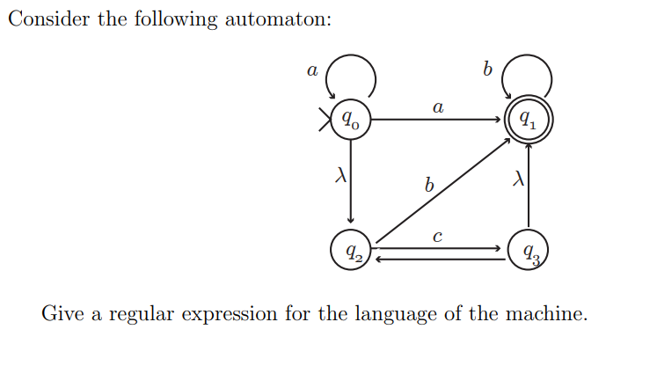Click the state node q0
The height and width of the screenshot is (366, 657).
351,118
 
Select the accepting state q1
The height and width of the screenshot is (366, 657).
527,118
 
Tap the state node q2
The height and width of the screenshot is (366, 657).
351,252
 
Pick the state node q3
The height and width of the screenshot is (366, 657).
528,253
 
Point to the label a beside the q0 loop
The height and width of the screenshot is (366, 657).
310,70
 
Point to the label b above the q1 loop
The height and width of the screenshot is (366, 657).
486,68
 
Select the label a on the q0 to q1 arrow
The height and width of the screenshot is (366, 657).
437,106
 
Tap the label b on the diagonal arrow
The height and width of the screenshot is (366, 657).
428,186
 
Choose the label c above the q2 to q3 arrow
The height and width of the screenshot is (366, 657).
437,236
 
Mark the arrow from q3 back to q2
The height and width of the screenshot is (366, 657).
440,259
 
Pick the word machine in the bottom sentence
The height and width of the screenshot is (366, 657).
545,313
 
